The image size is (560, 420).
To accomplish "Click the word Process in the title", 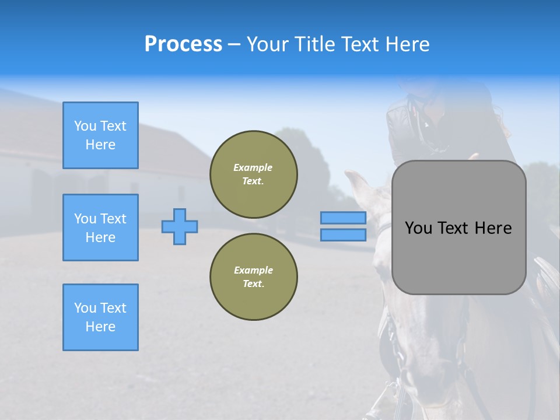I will click(183, 44).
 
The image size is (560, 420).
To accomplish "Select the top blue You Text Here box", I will click(100, 135).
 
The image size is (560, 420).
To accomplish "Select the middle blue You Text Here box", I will click(100, 228).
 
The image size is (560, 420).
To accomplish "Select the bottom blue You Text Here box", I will click(100, 317).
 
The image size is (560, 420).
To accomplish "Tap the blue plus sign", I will click(180, 226).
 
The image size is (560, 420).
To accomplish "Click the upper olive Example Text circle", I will click(254, 174).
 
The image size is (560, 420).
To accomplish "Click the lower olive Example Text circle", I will click(254, 277).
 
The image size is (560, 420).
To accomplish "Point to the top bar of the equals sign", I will click(343, 218).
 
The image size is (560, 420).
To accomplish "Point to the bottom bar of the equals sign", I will click(343, 235).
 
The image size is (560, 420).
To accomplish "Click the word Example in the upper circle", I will click(253, 167).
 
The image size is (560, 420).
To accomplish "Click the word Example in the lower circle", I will click(253, 270).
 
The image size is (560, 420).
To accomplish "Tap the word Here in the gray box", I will click(493, 228).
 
